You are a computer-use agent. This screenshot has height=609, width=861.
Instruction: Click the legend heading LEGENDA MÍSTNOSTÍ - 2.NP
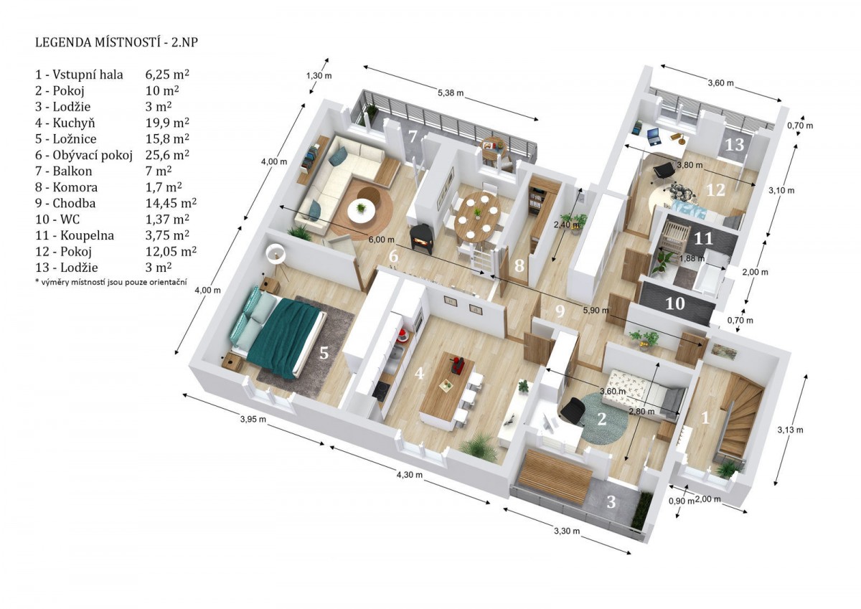pyautogui.click(x=117, y=42)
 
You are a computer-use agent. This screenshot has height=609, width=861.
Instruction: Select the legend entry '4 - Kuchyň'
pyautogui.click(x=65, y=123)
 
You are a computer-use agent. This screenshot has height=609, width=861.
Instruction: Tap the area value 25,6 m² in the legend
pyautogui.click(x=167, y=155)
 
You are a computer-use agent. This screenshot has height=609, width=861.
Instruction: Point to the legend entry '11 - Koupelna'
pyautogui.click(x=75, y=235)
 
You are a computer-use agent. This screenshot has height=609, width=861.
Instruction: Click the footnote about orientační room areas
pyautogui.click(x=111, y=283)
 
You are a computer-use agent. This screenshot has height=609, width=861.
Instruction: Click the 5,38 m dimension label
pyautogui.click(x=451, y=93)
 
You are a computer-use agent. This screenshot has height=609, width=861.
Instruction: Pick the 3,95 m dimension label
pyautogui.click(x=253, y=419)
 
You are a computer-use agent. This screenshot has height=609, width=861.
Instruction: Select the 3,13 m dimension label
pyautogui.click(x=790, y=430)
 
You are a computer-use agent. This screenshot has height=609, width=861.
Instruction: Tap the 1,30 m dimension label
pyautogui.click(x=319, y=76)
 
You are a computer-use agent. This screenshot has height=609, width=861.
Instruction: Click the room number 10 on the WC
pyautogui.click(x=675, y=304)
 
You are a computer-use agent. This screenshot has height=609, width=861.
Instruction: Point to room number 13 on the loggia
pyautogui.click(x=735, y=145)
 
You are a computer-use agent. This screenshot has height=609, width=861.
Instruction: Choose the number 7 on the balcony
pyautogui.click(x=413, y=136)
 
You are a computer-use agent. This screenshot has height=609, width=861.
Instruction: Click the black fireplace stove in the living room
pyautogui.click(x=422, y=238)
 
